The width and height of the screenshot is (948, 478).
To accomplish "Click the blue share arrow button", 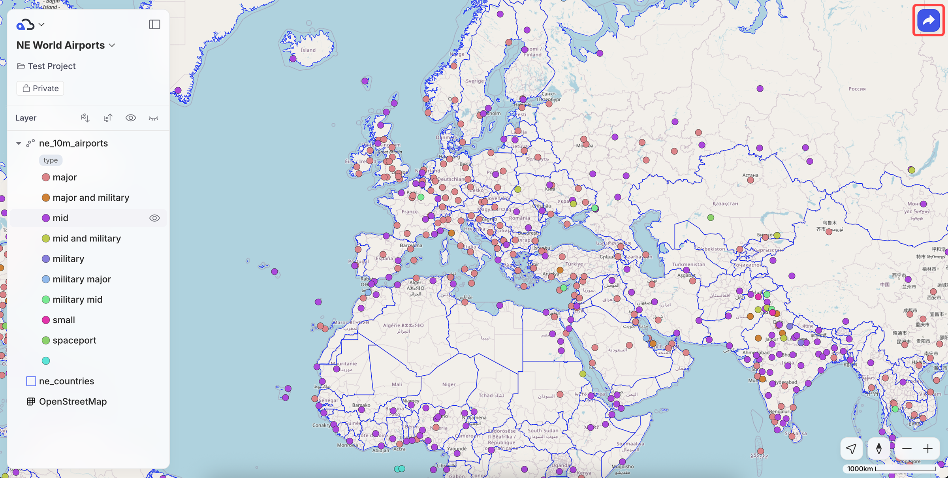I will [928, 20].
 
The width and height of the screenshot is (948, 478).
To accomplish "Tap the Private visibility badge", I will [40, 88].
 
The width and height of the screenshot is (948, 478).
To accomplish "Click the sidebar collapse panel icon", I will [154, 24].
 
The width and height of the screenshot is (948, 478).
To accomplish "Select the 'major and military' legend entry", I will [90, 198].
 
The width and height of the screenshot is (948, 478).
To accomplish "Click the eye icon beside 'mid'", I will [154, 218].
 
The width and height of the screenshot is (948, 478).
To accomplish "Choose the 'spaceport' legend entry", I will [74, 340].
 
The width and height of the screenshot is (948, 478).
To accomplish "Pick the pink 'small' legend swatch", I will [46, 320].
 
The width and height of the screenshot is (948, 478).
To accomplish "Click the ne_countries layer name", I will [66, 381].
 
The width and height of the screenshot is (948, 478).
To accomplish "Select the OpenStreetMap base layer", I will [73, 401].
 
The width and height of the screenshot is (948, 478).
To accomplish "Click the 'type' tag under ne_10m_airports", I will [51, 160].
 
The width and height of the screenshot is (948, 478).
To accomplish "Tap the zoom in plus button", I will [927, 449].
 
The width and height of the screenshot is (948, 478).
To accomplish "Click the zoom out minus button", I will [907, 449].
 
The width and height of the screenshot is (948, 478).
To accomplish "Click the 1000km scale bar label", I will [860, 469].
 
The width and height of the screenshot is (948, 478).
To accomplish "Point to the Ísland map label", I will [308, 50].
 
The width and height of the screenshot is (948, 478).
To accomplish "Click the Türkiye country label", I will [574, 264].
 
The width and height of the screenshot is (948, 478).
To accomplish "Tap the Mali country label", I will [397, 384].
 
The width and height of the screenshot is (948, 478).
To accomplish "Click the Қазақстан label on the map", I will [725, 203].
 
